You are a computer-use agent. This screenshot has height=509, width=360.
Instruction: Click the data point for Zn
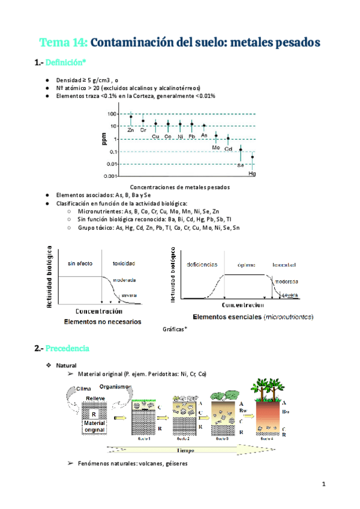pos(131,117)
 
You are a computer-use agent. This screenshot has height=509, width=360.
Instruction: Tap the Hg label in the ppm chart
pos(252,173)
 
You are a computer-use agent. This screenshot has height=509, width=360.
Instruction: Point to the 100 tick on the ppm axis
pos(112,114)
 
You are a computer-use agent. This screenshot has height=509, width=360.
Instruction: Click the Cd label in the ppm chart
pos(229,148)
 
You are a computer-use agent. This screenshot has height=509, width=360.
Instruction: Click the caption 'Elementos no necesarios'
pos(102,322)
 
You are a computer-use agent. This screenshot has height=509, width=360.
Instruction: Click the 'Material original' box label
pos(94,427)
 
